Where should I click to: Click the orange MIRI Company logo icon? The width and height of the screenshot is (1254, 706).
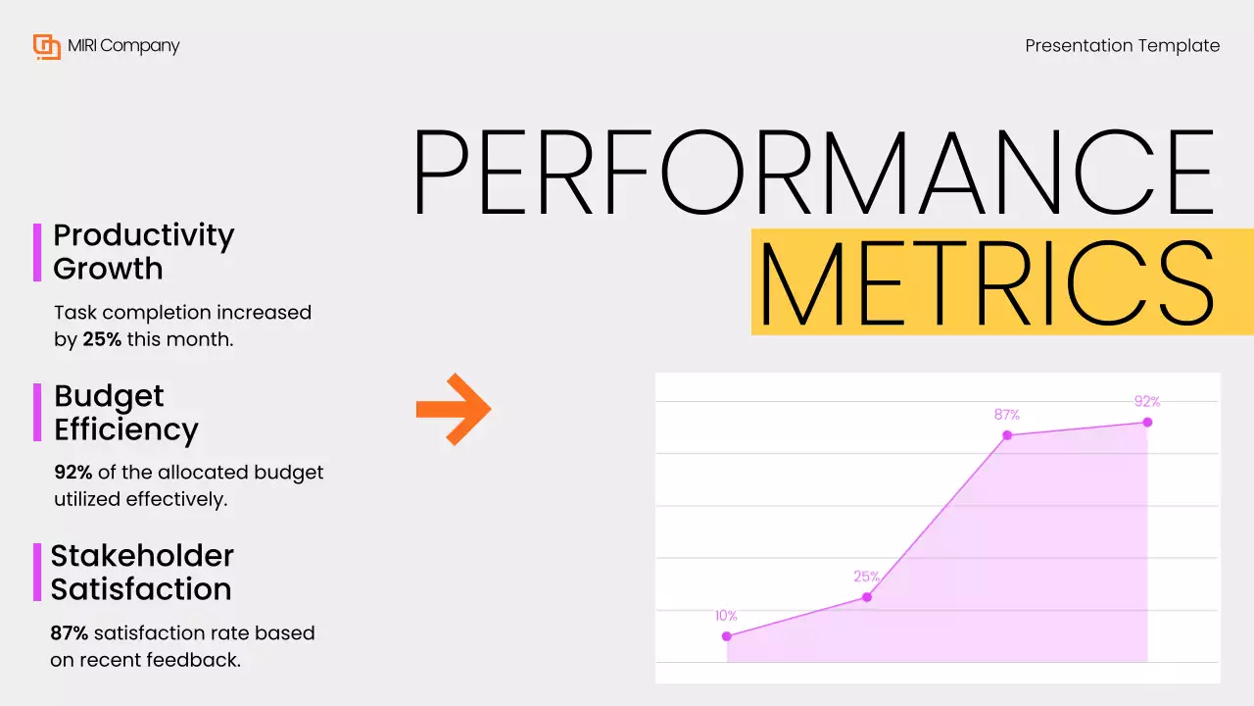[x=47, y=46]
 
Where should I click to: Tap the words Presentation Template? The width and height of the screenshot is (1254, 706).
[x=1122, y=46]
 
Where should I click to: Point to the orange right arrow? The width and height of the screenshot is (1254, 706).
[x=453, y=409]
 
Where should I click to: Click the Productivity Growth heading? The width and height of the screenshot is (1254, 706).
[x=143, y=251]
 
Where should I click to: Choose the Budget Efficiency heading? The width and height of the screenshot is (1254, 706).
[x=125, y=412]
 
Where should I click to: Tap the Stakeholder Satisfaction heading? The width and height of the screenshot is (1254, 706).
[x=141, y=572]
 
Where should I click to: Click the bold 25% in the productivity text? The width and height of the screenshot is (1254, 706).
[x=102, y=339]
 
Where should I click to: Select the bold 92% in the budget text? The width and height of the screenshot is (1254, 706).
[x=73, y=472]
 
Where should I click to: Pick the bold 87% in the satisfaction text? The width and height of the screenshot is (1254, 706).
[x=70, y=632]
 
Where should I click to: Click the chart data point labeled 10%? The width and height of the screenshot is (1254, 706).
[x=727, y=636]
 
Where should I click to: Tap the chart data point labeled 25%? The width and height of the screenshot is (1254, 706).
[x=867, y=597]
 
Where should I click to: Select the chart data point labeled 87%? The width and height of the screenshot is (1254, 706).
[x=1007, y=434]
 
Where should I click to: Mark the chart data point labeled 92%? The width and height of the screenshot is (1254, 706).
[x=1147, y=423]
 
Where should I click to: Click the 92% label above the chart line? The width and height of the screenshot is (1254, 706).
[x=1147, y=401]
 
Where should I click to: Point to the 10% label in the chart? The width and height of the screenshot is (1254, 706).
[x=726, y=616]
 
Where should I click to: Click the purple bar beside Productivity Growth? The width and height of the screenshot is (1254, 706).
[x=37, y=252]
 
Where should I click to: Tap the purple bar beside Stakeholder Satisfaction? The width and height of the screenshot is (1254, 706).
[x=37, y=572]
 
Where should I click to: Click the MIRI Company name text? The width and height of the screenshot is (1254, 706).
[x=123, y=46]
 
